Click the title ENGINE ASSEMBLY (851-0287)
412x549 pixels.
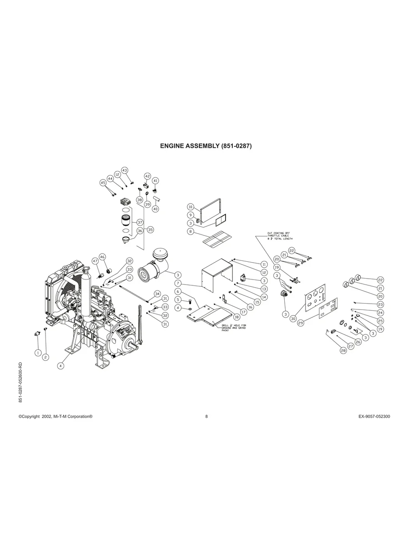206,146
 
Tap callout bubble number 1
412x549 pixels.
38,352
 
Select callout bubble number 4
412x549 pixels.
60,365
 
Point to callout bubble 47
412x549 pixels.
95,261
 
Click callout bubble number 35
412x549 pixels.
151,230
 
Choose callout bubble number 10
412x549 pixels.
191,207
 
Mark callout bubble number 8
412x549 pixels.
191,231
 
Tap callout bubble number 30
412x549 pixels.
293,319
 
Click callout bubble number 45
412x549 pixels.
103,183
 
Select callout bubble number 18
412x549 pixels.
236,316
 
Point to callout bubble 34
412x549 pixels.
157,293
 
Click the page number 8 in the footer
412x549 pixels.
206,416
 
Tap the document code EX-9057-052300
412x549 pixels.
374,416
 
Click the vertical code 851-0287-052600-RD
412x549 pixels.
20,382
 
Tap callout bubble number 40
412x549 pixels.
155,209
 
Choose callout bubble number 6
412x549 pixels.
178,291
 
